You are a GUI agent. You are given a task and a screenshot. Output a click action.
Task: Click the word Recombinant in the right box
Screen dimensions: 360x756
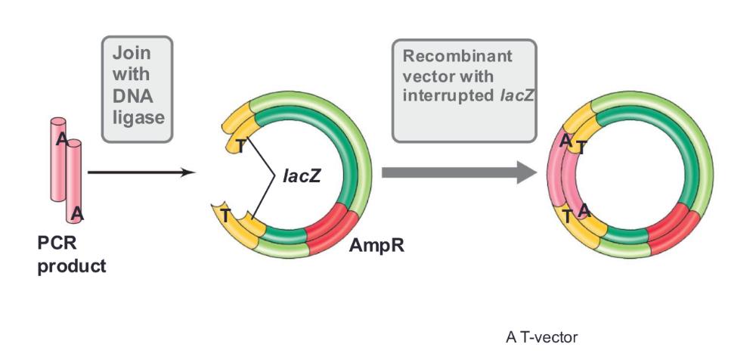[457, 57]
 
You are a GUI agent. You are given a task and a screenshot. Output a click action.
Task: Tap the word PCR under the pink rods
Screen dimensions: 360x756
[57, 246]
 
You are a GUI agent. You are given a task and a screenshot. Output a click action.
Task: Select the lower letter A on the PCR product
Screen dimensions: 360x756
[77, 215]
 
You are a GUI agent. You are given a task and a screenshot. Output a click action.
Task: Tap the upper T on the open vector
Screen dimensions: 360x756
[240, 145]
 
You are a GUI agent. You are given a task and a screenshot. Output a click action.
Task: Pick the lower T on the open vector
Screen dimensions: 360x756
[225, 216]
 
